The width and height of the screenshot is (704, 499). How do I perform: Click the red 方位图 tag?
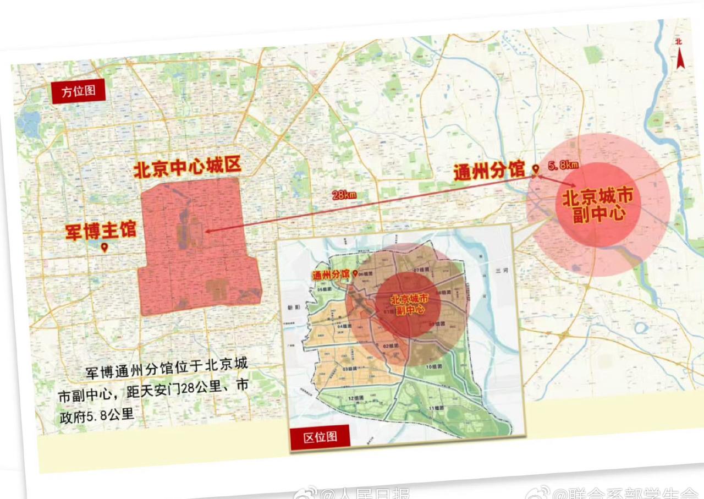(78, 91)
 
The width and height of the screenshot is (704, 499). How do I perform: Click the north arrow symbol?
(680, 56)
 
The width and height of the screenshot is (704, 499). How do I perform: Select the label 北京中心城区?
(188, 168)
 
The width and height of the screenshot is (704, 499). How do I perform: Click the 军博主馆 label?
(101, 230)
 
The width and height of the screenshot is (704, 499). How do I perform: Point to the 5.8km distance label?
(563, 165)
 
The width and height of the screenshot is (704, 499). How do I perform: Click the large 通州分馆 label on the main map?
(488, 171)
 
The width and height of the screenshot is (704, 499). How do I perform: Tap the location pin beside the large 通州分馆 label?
(535, 169)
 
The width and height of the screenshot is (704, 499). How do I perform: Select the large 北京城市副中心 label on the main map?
(598, 205)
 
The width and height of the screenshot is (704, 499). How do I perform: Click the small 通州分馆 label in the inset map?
(331, 273)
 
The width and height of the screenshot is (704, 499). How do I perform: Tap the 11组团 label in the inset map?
(436, 408)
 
